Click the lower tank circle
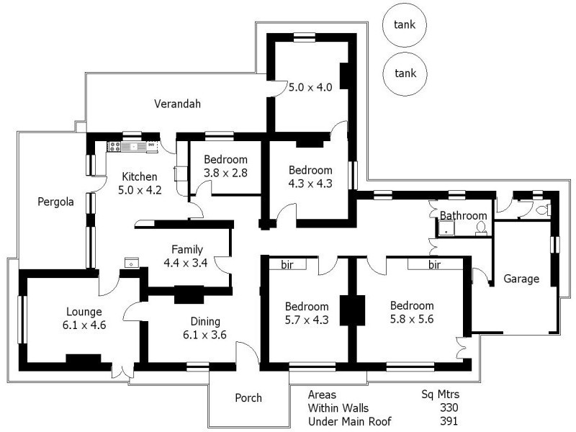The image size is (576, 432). coord(404,73)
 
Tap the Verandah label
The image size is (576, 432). coord(177,104)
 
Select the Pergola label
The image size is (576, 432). coord(55,202)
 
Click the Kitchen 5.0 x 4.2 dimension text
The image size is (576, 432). coord(140,192)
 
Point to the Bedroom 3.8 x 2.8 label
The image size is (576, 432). coord(225,166)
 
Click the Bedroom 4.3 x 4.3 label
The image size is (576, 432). coord(310,176)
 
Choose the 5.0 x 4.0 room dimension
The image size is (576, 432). coord(310,88)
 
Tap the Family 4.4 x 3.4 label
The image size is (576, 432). coord(186,256)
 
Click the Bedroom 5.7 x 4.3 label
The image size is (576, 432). coord(306,313)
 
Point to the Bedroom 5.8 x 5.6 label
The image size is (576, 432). coord(413,312)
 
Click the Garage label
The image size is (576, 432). coord(521,279)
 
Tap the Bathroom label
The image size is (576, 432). coord(463,215)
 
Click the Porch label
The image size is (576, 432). coord(248,398)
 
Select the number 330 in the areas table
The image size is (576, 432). coord(448,408)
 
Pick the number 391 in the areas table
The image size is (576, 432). coord(448,421)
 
